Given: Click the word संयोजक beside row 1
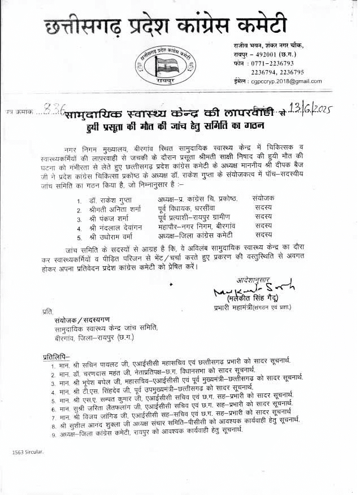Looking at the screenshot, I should [264, 199].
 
